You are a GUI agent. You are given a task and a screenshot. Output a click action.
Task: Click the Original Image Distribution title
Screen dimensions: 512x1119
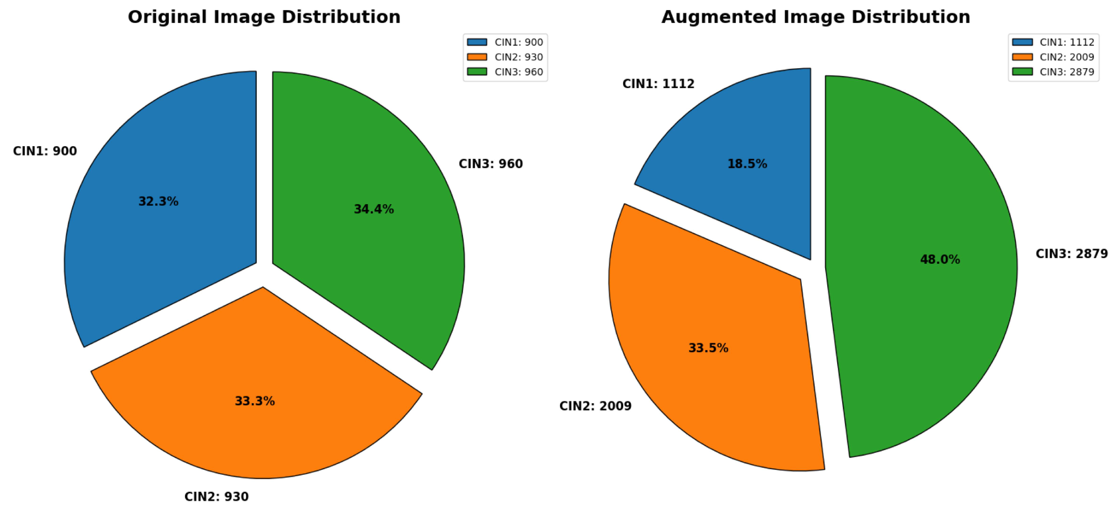[x=264, y=17]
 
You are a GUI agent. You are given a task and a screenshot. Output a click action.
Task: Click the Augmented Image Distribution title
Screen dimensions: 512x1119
[x=815, y=17]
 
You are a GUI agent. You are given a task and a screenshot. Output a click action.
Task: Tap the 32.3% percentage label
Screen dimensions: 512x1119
[x=158, y=201]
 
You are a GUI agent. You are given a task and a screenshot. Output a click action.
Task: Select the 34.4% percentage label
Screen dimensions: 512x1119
[x=374, y=209]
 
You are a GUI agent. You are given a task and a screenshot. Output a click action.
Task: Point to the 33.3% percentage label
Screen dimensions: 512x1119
[x=255, y=401]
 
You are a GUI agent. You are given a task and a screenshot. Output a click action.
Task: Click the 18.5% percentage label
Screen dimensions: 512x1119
[x=747, y=164]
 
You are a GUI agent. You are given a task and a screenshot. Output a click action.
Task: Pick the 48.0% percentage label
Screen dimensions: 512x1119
[x=940, y=260]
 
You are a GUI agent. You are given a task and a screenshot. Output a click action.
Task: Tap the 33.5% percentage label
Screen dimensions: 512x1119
[x=708, y=348]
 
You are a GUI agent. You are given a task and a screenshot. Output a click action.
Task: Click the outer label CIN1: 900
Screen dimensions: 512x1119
[x=45, y=151]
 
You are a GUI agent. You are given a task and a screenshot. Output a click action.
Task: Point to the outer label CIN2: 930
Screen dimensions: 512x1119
[x=216, y=496]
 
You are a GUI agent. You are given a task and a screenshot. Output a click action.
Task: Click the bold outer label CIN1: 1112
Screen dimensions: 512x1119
[x=658, y=84]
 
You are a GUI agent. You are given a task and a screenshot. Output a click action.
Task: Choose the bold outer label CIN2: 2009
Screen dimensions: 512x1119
[x=595, y=406]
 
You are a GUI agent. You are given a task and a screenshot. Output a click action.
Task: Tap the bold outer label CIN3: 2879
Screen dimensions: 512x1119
[x=1071, y=253]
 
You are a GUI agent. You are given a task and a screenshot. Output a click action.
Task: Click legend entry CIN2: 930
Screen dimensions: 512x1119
[x=518, y=57]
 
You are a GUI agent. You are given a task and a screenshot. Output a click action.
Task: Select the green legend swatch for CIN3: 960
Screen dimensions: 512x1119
[x=477, y=71]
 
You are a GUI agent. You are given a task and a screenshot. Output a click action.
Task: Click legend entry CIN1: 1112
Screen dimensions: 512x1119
[x=1066, y=42]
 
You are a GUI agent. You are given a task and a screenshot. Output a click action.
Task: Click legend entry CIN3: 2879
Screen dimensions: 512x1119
[x=1066, y=71]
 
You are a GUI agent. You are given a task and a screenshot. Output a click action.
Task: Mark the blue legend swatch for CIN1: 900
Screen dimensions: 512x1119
[x=477, y=42]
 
